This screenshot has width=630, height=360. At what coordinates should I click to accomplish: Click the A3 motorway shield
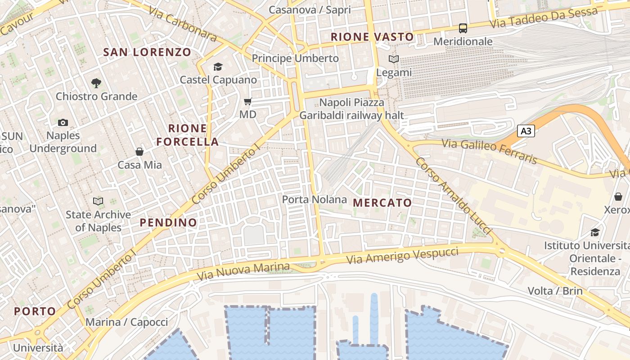coord(526,131)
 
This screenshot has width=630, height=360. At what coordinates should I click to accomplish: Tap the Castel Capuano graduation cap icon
coord(218,67)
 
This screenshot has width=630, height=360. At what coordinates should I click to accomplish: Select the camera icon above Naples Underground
coord(63,122)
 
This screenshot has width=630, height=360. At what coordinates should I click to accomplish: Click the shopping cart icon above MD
coord(247,102)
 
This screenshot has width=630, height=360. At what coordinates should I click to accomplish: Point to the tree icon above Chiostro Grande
coord(96,83)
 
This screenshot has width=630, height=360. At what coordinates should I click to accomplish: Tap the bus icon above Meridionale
coord(463,28)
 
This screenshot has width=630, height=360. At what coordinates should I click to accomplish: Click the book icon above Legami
coord(394,59)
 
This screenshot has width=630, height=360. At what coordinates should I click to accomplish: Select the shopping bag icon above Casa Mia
coord(139,152)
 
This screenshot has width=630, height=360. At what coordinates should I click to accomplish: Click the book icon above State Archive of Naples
coord(98,201)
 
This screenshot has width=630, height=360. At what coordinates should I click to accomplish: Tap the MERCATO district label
coord(382,203)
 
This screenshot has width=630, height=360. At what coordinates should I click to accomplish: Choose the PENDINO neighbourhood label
coord(168,222)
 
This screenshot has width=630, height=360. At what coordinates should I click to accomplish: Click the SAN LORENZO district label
coord(147,52)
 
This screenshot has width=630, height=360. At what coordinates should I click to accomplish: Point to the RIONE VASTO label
coord(372,37)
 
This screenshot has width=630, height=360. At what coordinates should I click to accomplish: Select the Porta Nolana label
coord(315,199)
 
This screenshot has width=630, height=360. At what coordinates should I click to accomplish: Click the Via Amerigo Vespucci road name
coord(403,256)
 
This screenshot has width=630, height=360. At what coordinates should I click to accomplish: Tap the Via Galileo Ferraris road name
coord(490,151)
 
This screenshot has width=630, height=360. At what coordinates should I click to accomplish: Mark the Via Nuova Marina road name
coord(243,270)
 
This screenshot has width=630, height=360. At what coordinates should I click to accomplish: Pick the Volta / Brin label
coord(555,291)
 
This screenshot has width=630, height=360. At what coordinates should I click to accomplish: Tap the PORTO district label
coord(35,311)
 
